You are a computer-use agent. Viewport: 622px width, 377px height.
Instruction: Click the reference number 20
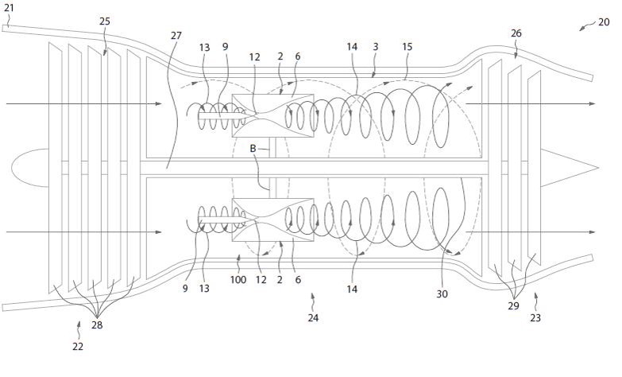click(604, 21)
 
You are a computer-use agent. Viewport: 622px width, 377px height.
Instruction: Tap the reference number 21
click(9, 7)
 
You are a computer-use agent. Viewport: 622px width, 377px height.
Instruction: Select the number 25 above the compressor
click(105, 21)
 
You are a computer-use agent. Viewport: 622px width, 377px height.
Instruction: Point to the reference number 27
click(176, 36)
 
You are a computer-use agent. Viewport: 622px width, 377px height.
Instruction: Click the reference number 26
click(516, 33)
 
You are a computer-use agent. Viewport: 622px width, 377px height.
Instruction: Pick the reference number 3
click(376, 47)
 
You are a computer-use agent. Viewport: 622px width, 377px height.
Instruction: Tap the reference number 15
click(408, 47)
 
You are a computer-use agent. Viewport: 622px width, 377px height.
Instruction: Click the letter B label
click(253, 149)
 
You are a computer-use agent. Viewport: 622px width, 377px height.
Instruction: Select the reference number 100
click(238, 280)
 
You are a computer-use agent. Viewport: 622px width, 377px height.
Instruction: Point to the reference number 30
click(442, 293)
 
